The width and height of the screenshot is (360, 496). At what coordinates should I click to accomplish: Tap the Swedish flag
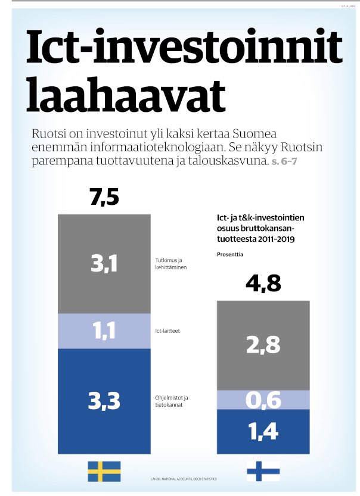tap(104, 470)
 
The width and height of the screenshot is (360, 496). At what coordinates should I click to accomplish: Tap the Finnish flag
tap(263, 470)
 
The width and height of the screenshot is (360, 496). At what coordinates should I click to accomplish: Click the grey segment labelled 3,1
tap(104, 264)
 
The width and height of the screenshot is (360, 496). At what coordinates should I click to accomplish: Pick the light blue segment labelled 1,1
tap(104, 330)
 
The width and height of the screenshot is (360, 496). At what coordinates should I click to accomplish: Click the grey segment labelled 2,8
tap(263, 345)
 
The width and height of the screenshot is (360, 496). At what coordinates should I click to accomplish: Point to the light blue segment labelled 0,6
tap(263, 400)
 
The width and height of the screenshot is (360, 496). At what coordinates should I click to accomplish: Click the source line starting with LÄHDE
tap(183, 479)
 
